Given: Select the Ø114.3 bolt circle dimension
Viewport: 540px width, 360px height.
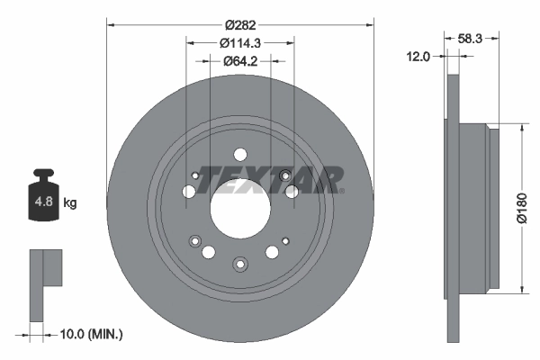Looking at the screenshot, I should [x=240, y=42].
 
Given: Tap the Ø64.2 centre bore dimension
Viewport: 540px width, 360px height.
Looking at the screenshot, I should [x=240, y=62].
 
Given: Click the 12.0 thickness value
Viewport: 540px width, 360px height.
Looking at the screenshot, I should [x=418, y=56].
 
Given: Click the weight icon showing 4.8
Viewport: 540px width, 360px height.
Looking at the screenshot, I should [x=43, y=201].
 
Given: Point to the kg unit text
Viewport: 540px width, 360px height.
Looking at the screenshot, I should [x=70, y=203].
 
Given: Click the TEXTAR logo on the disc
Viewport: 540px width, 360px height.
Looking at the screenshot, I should [x=271, y=179].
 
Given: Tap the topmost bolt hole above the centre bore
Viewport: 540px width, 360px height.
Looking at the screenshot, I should [x=240, y=154].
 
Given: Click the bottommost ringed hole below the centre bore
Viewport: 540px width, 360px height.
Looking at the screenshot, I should [x=240, y=263].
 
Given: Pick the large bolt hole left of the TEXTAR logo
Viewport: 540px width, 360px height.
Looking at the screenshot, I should [x=189, y=192].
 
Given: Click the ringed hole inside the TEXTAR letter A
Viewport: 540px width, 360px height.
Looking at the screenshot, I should [x=285, y=175].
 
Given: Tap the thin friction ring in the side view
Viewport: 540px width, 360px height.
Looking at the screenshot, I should [x=453, y=207].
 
